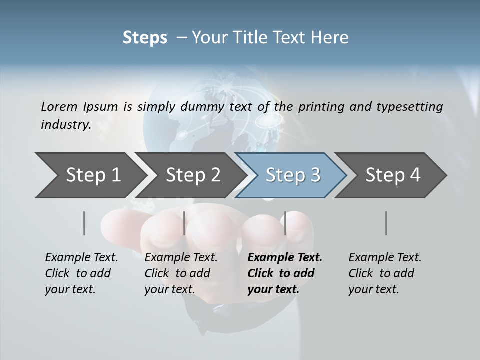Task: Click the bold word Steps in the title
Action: (145, 38)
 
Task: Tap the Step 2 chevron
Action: (193, 175)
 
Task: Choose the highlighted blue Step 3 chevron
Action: (293, 175)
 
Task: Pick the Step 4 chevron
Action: (393, 175)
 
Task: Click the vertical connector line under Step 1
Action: (84, 223)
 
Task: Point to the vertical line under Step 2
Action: (184, 223)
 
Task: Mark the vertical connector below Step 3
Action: (285, 223)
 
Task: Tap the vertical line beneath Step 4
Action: (386, 223)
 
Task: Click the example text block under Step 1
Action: (81, 273)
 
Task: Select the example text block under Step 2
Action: (181, 273)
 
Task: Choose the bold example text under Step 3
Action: (285, 273)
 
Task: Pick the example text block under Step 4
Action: (385, 273)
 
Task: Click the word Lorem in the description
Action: (59, 106)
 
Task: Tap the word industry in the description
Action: (65, 124)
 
